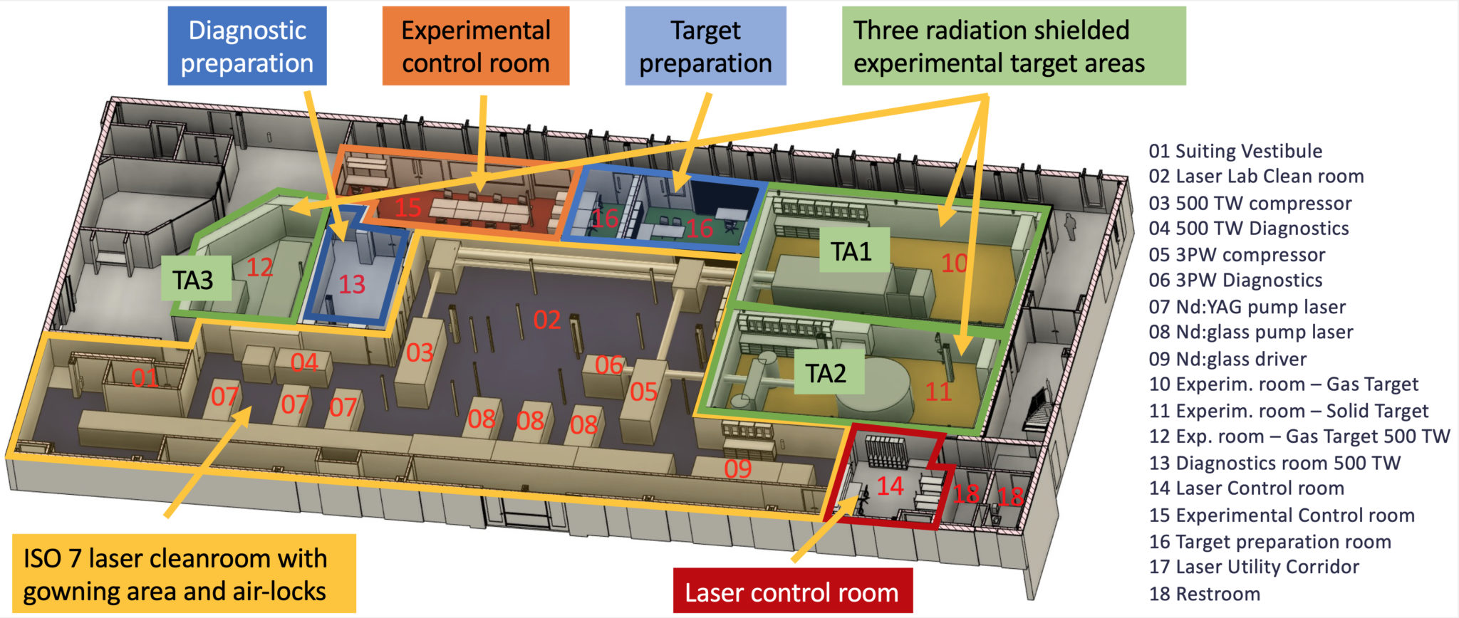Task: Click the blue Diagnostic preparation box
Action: pos(247,46)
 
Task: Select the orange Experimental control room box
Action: pos(476,46)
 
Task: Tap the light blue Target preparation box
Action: pos(705,46)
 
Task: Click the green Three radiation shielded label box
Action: pos(1013,46)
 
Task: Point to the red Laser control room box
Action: pos(792,592)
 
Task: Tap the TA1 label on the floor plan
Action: pos(851,251)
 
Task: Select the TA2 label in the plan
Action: pos(826,372)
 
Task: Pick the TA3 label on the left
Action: pos(193,280)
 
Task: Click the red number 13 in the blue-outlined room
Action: pos(352,285)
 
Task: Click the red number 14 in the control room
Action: pos(890,486)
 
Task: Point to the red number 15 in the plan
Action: pos(408,207)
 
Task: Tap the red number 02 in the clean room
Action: pos(547,320)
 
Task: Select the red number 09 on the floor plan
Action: pos(738,468)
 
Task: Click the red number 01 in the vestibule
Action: pos(145,377)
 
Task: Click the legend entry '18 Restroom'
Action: pos(1205,593)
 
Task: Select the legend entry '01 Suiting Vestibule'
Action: pos(1235,151)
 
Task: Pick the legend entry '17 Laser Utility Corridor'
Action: pos(1254,567)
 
